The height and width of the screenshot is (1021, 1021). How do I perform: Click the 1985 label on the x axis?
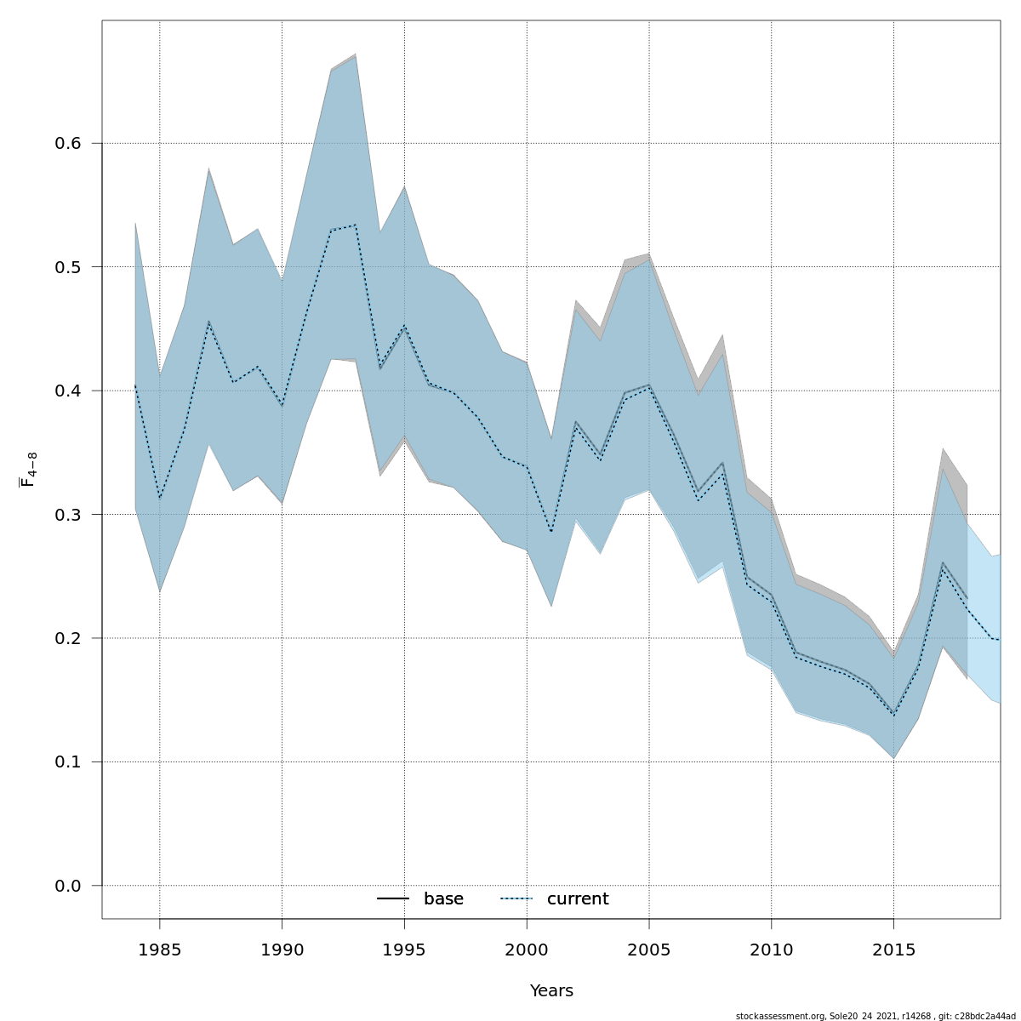pos(160,950)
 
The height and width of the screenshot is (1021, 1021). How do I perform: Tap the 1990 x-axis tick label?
pos(282,950)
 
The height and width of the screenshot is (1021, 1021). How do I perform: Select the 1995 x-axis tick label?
pos(404,950)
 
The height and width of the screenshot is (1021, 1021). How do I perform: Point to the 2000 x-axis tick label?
pos(527,950)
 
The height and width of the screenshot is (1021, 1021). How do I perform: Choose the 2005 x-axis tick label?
pos(649,950)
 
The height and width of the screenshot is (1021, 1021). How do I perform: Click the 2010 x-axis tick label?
pos(772,950)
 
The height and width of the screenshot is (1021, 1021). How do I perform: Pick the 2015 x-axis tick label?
pos(893,950)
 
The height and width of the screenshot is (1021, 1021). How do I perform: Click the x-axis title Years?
pos(551,991)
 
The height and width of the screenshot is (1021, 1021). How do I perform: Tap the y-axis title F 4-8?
pos(29,470)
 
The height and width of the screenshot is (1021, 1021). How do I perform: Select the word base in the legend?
pos(443,899)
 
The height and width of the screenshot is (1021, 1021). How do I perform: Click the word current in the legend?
pos(578,899)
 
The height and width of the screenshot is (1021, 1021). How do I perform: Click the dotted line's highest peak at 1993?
pos(355,225)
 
